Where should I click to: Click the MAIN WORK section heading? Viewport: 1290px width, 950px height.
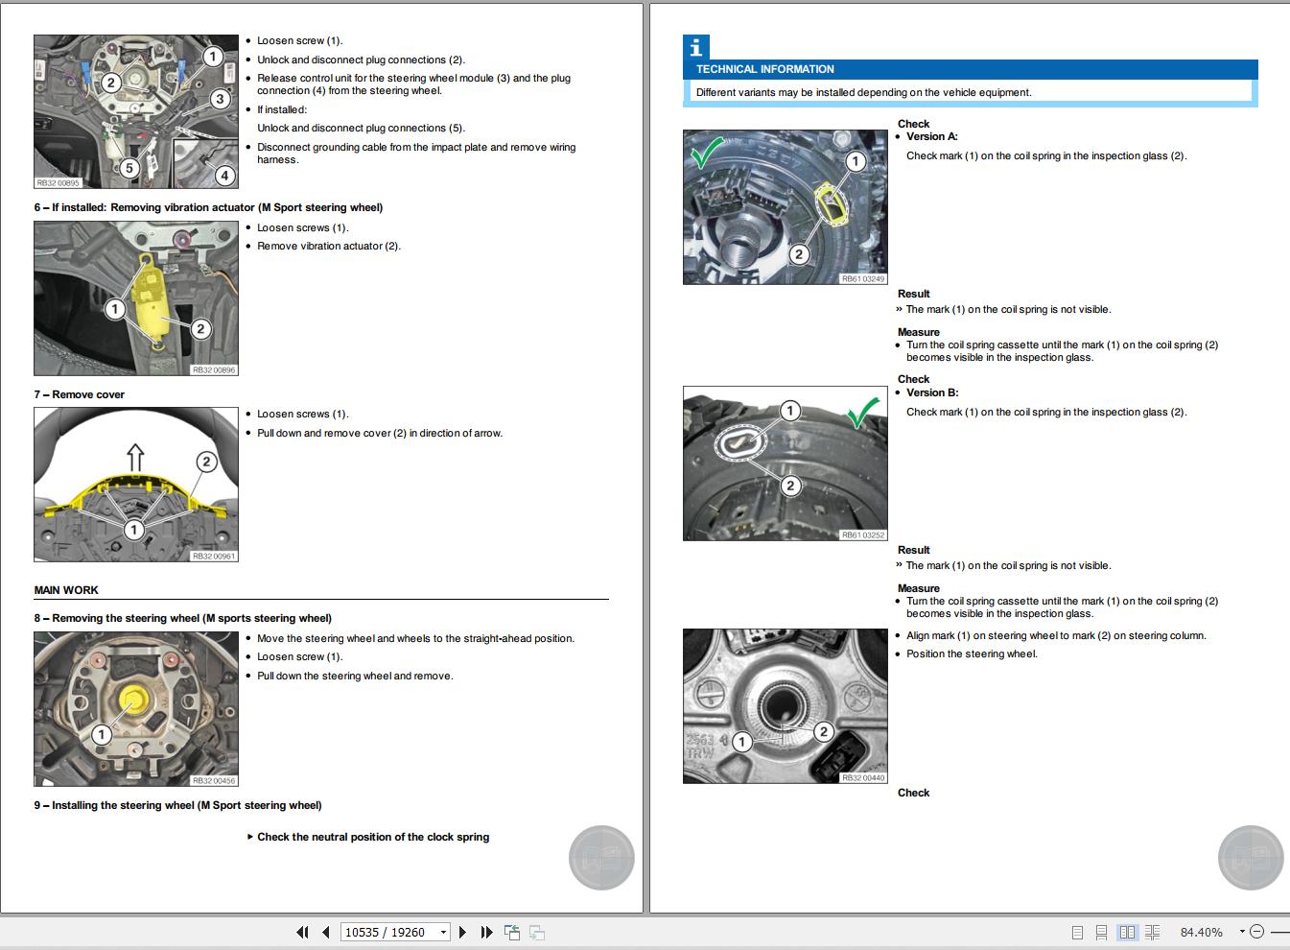pos(66,590)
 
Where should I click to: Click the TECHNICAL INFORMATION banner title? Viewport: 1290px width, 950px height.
pos(764,69)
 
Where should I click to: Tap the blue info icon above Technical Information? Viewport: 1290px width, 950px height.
pos(695,47)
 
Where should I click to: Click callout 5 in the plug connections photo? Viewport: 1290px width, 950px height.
pos(129,169)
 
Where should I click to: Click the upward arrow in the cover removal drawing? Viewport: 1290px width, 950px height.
pos(135,457)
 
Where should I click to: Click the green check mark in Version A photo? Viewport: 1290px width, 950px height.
pos(708,153)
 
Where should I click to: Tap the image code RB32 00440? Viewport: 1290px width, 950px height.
pos(862,777)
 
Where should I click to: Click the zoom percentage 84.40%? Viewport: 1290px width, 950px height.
pos(1201,932)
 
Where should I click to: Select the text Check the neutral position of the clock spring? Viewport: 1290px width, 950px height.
pos(372,837)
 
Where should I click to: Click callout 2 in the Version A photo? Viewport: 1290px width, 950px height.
pos(799,254)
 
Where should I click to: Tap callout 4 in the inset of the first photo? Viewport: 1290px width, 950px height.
pos(224,176)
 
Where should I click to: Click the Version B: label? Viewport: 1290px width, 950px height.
pos(931,392)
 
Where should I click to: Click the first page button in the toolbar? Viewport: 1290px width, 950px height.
pos(303,932)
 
